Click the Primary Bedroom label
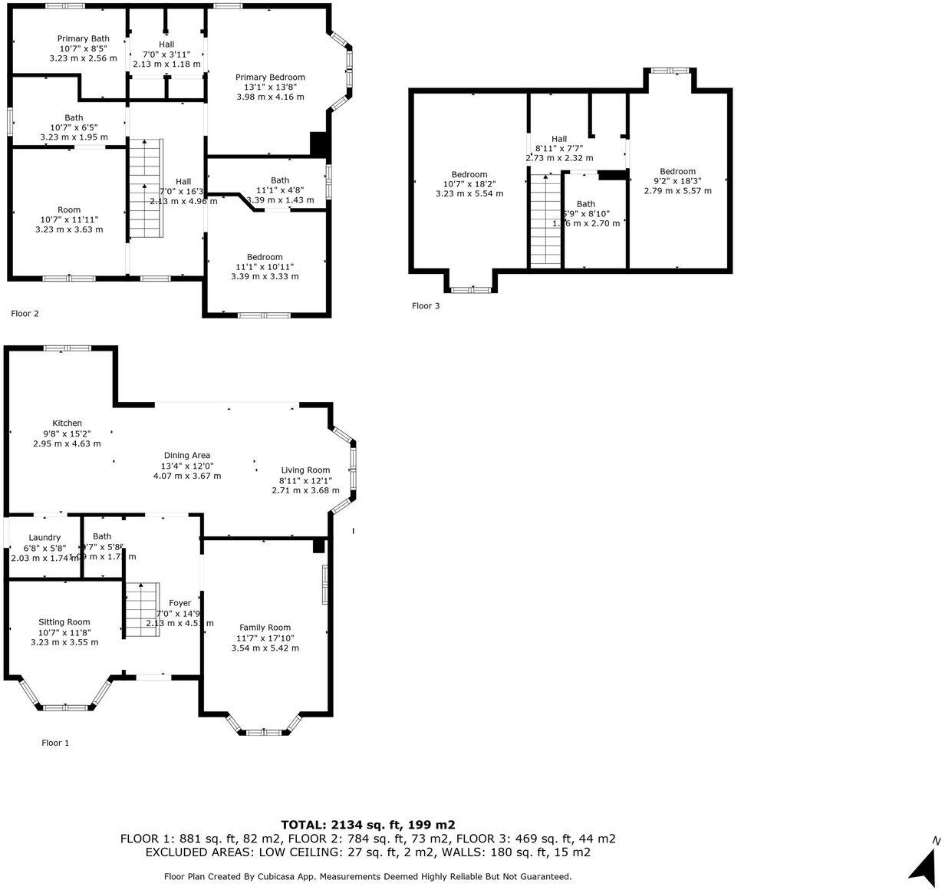[x=270, y=77]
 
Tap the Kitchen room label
[x=67, y=424]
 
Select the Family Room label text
[x=265, y=628]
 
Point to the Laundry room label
[x=44, y=537]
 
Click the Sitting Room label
[x=64, y=622]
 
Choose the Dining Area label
[x=186, y=456]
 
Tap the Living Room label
[x=305, y=470]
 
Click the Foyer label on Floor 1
[x=180, y=603]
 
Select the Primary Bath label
[x=83, y=38]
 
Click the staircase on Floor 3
[x=546, y=219]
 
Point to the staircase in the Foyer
[x=141, y=610]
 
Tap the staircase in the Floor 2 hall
[x=146, y=189]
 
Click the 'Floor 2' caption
[x=25, y=314]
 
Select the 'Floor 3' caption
[x=426, y=306]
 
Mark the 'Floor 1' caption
[x=55, y=743]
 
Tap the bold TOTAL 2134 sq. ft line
[x=367, y=825]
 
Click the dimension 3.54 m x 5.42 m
[x=265, y=648]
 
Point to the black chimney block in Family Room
[x=318, y=546]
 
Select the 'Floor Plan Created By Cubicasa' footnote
[x=367, y=876]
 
